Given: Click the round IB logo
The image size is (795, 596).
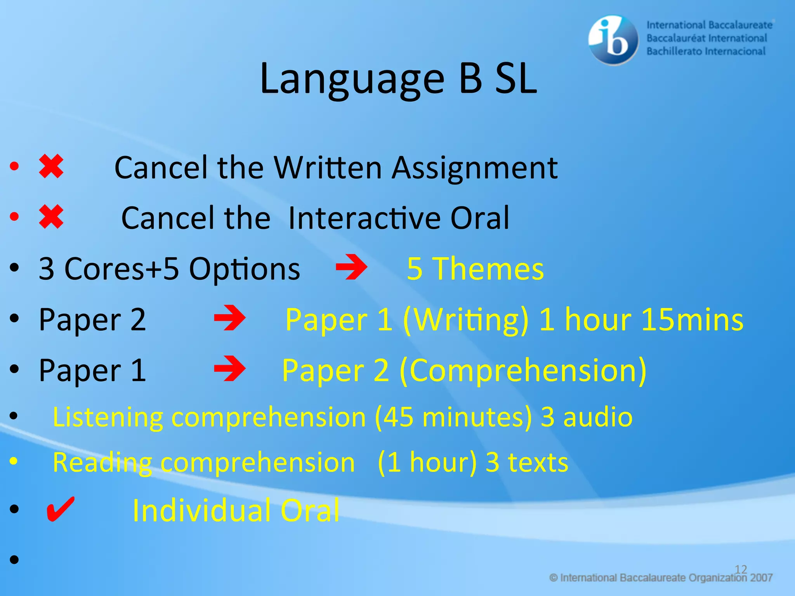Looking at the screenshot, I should (613, 40).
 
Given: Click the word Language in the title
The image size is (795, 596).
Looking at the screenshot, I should (352, 79).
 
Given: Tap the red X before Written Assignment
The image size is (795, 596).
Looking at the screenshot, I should (51, 166).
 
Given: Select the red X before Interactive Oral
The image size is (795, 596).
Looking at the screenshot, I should (51, 217).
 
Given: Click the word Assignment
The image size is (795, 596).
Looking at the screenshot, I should (474, 168).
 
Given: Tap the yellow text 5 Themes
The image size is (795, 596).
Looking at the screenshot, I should (475, 269).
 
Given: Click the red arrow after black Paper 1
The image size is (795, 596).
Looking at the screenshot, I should (230, 369).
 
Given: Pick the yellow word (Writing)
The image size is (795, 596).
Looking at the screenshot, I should (466, 320).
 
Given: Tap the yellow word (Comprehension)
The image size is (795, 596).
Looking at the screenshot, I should (523, 371).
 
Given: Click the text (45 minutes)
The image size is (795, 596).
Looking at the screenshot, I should (453, 418).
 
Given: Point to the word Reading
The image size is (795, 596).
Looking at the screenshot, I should (102, 463).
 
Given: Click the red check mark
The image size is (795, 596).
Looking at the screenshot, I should (60, 509).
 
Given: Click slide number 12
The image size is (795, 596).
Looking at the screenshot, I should (741, 569).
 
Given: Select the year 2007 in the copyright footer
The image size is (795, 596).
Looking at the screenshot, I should (761, 578).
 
